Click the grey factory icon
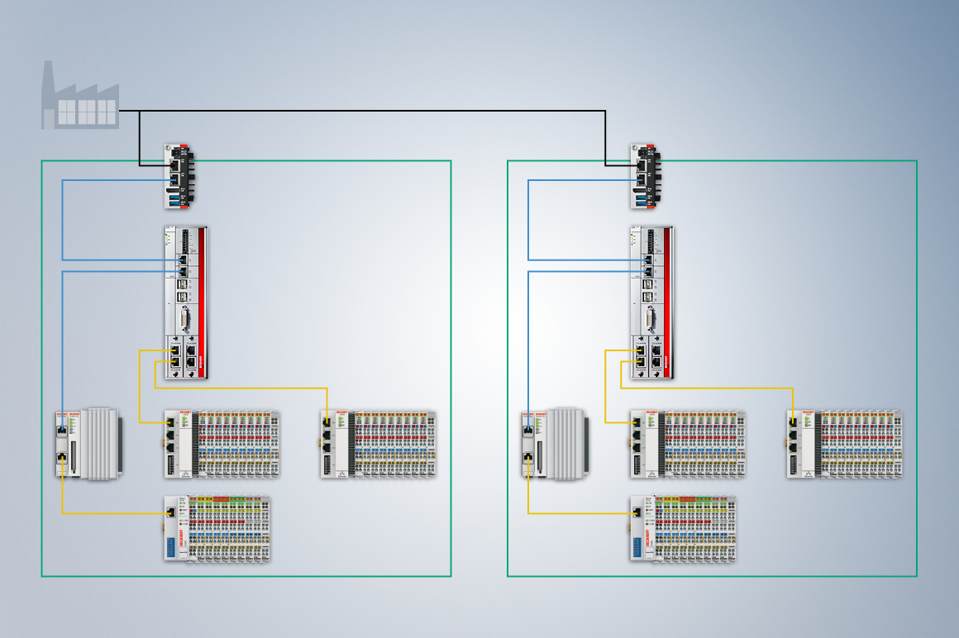(x=80, y=97)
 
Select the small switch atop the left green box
(x=179, y=176)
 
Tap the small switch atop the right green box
(x=646, y=176)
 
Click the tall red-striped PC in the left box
(x=185, y=302)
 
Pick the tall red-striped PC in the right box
(x=651, y=302)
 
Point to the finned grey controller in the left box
(x=89, y=443)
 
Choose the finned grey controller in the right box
(x=556, y=443)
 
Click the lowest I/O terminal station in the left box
(x=217, y=529)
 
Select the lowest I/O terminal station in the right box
(x=683, y=529)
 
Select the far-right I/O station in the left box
(x=379, y=444)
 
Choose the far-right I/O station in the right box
(x=845, y=444)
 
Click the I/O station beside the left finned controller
(x=222, y=444)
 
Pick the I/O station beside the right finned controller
(x=688, y=444)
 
